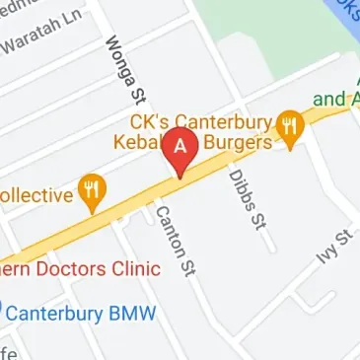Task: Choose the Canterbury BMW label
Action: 81,314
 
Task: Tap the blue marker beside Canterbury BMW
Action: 2,314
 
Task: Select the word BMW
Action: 134,314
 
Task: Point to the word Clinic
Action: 133,268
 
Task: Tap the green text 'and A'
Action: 336,98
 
